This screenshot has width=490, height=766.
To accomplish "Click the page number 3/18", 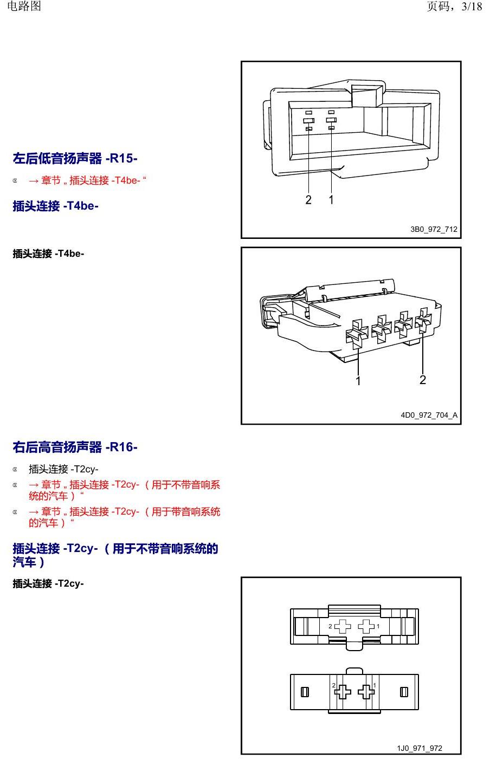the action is [x=472, y=6].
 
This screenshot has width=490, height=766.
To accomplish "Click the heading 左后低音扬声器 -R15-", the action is [x=75, y=158].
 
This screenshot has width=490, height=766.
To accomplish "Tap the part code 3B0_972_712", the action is [x=434, y=229].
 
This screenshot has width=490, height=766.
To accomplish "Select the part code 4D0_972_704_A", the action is [x=429, y=415].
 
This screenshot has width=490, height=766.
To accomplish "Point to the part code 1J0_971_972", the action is [x=420, y=748].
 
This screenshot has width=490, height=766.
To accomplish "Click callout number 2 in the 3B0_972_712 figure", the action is [x=308, y=200].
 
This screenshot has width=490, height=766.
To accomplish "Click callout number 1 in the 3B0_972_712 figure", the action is [x=331, y=200].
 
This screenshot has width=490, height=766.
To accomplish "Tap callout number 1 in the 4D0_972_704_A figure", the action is [x=358, y=381].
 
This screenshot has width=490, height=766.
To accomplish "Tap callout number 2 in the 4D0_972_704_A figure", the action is [x=423, y=380].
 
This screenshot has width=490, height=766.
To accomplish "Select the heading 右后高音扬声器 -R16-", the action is [x=75, y=447].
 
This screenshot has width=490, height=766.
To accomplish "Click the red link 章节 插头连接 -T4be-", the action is [x=87, y=180].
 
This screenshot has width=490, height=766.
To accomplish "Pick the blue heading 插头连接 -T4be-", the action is [x=55, y=206].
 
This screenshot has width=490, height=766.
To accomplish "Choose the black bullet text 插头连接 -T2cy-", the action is [x=63, y=469].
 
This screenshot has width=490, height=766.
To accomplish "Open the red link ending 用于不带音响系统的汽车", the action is [x=125, y=490].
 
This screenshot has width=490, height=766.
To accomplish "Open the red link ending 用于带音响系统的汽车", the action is [x=125, y=517].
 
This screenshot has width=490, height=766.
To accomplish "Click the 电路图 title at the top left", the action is [x=24, y=6].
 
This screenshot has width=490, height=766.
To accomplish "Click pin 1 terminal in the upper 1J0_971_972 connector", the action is [x=366, y=626].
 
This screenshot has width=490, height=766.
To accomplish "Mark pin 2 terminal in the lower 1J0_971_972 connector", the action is [x=343, y=692].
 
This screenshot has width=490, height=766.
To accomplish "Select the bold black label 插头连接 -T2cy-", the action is [x=48, y=583].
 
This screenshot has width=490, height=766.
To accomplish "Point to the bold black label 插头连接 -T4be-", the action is [x=48, y=254].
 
